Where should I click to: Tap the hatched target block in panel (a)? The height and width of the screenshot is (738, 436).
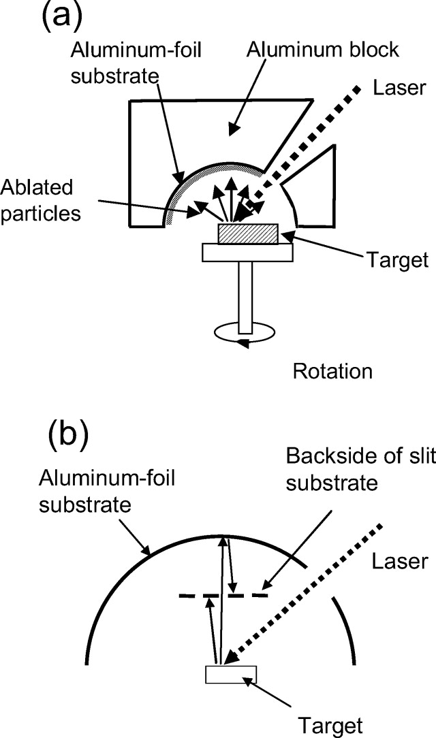(x=247, y=234)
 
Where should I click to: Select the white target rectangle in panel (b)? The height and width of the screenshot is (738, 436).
(x=231, y=674)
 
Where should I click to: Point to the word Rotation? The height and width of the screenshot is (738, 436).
(x=332, y=372)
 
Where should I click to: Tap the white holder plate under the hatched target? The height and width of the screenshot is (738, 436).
(x=247, y=252)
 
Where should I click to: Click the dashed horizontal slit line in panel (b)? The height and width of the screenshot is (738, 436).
(x=224, y=596)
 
